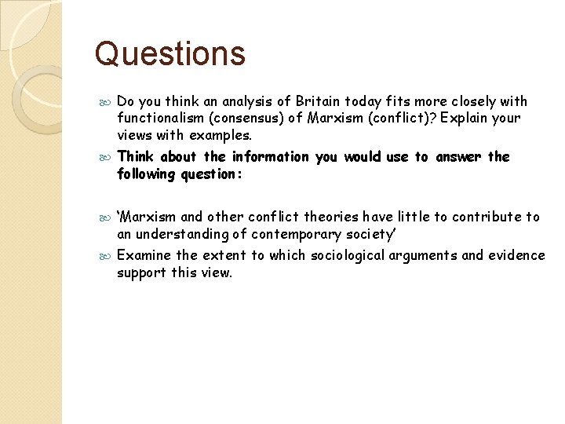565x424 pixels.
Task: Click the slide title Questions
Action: click(169, 54)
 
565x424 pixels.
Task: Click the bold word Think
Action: click(135, 157)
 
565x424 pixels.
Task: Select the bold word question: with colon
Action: click(213, 174)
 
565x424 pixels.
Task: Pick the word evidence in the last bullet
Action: click(516, 255)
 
